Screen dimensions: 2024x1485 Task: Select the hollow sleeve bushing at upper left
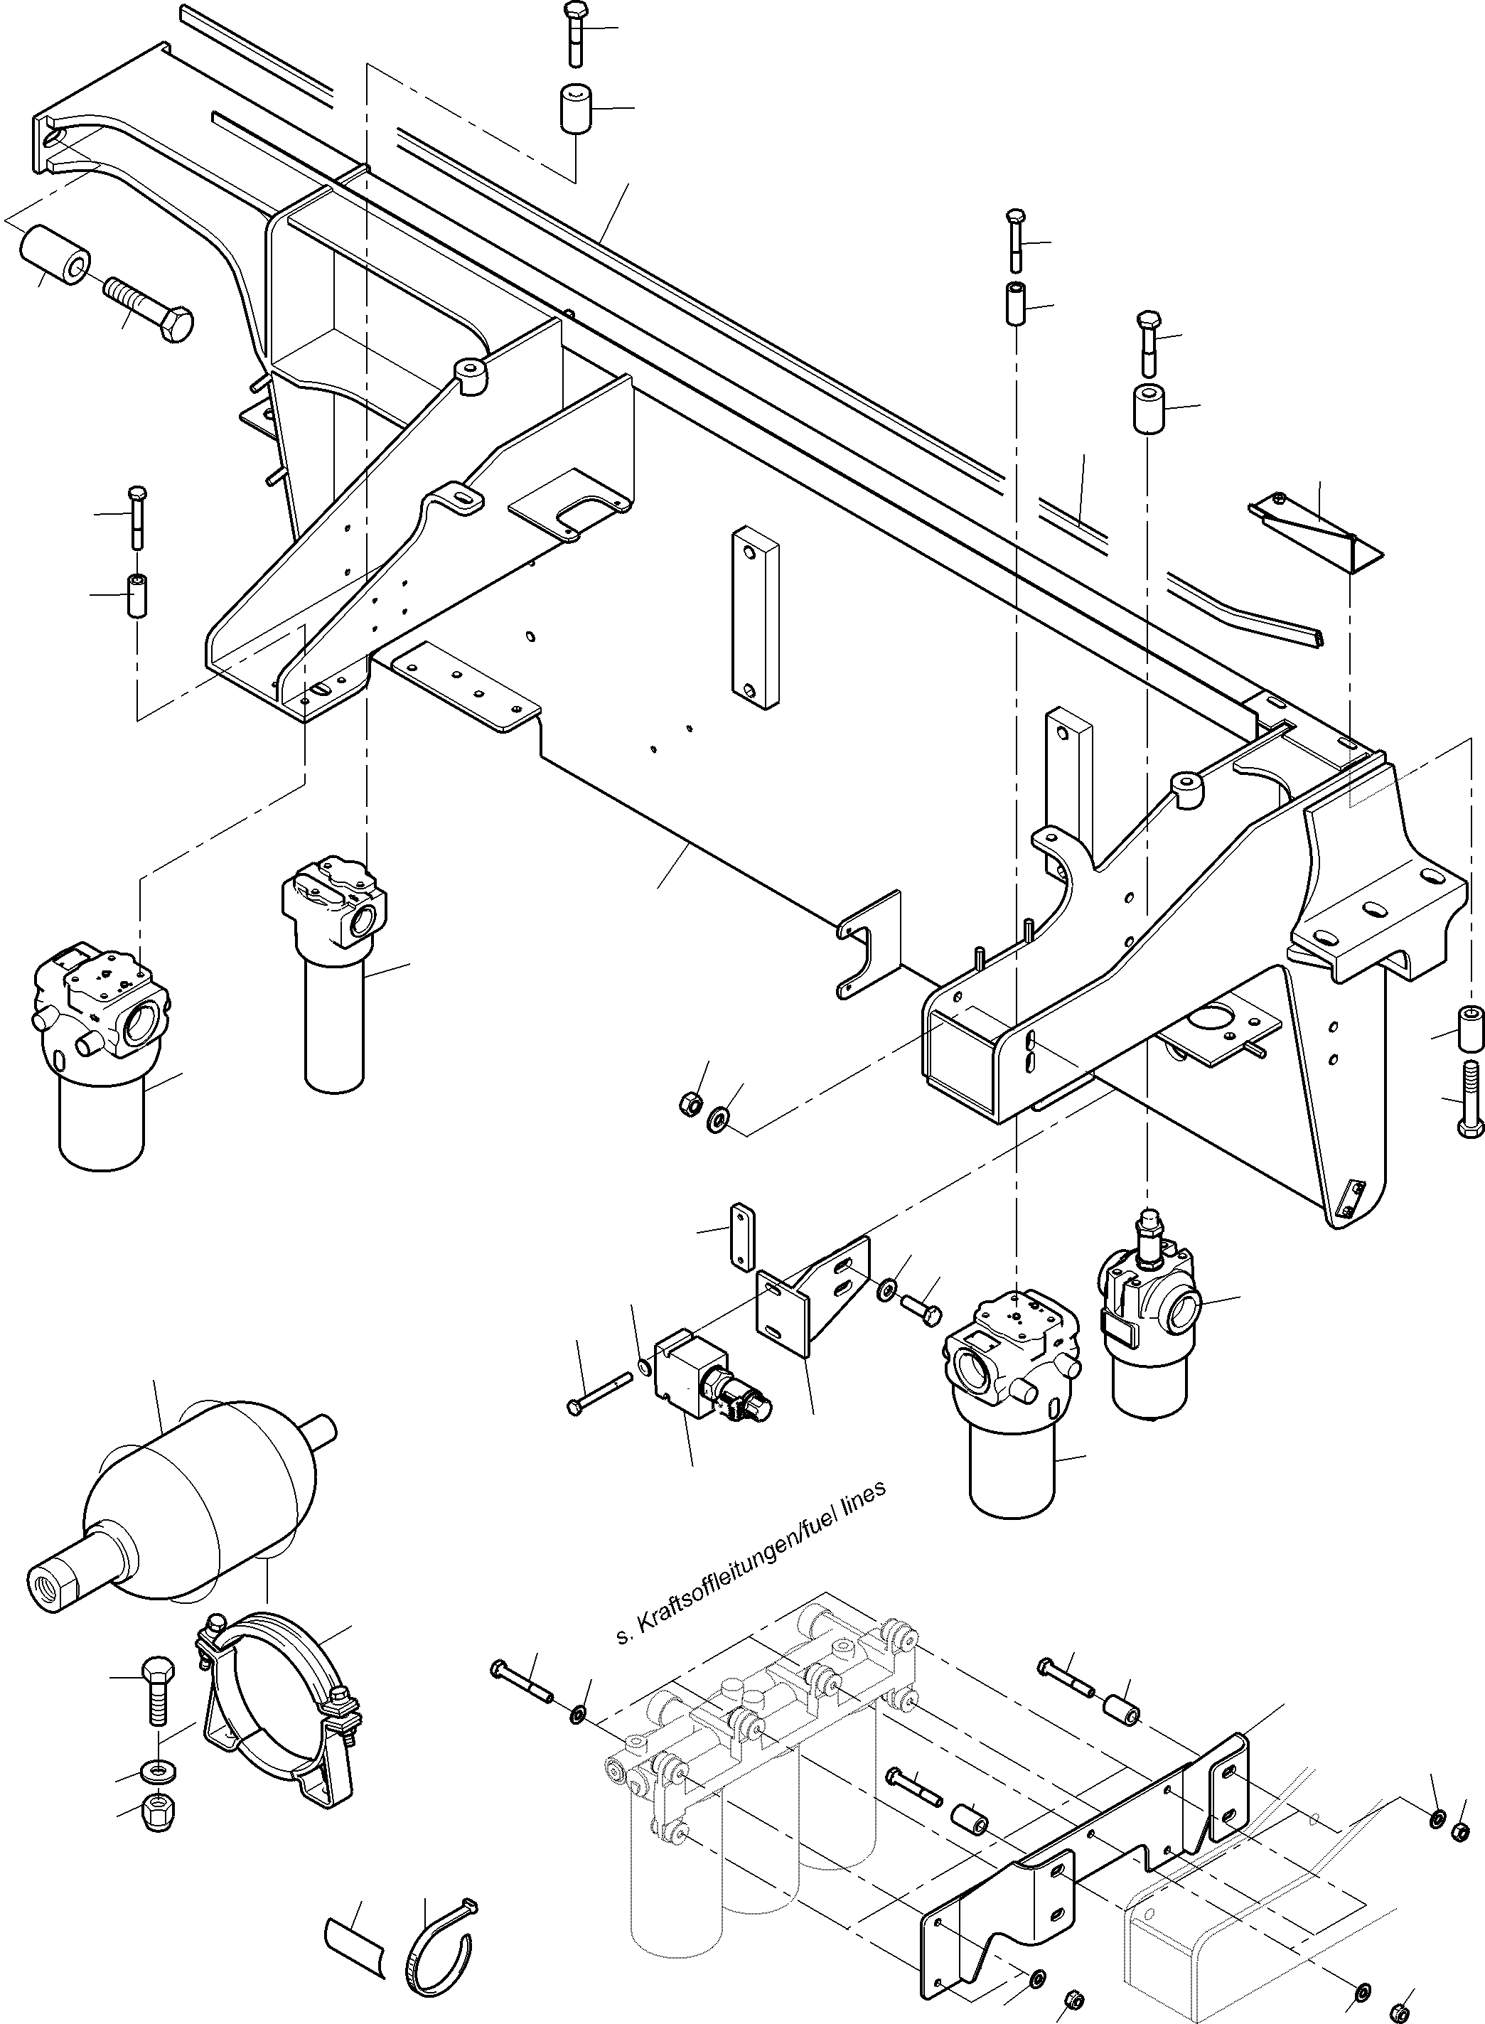[55, 254]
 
